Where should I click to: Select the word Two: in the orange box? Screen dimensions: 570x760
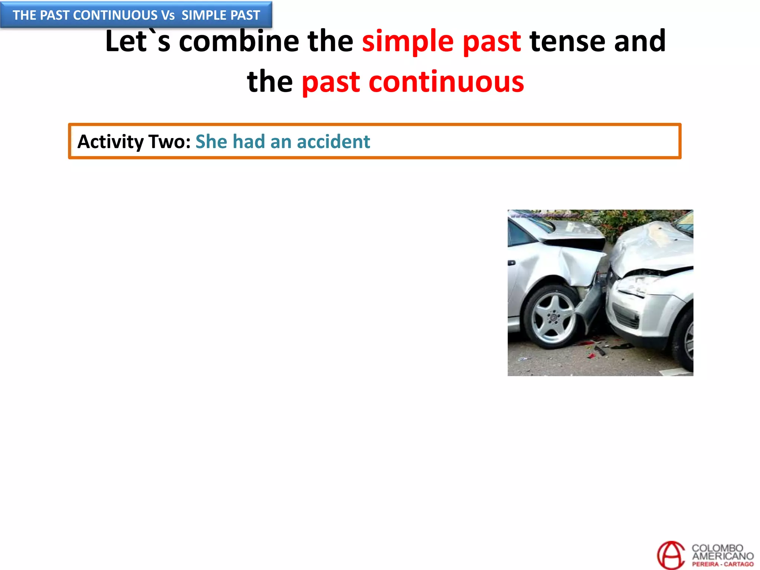pos(170,142)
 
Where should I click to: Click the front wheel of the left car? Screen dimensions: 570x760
pos(553,317)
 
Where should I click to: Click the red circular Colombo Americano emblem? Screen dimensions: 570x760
pos(671,555)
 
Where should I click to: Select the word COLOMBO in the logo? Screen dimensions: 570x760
pos(717,548)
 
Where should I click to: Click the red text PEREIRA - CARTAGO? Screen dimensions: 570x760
pos(723,564)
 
